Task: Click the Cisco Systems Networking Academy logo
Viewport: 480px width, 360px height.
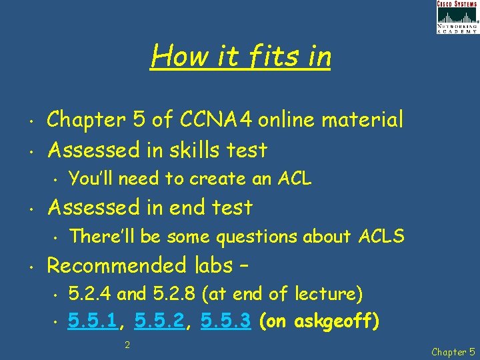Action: click(457, 17)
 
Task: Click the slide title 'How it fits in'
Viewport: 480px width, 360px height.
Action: click(241, 57)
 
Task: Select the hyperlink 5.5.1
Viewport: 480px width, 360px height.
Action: click(94, 322)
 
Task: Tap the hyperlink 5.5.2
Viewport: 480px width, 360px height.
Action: click(160, 322)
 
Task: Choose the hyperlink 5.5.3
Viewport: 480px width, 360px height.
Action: click(225, 322)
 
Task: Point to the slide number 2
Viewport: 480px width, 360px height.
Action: click(127, 345)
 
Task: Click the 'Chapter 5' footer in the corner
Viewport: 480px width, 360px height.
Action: click(453, 351)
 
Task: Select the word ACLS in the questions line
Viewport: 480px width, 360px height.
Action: click(381, 237)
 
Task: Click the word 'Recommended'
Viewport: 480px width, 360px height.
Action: click(117, 265)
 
